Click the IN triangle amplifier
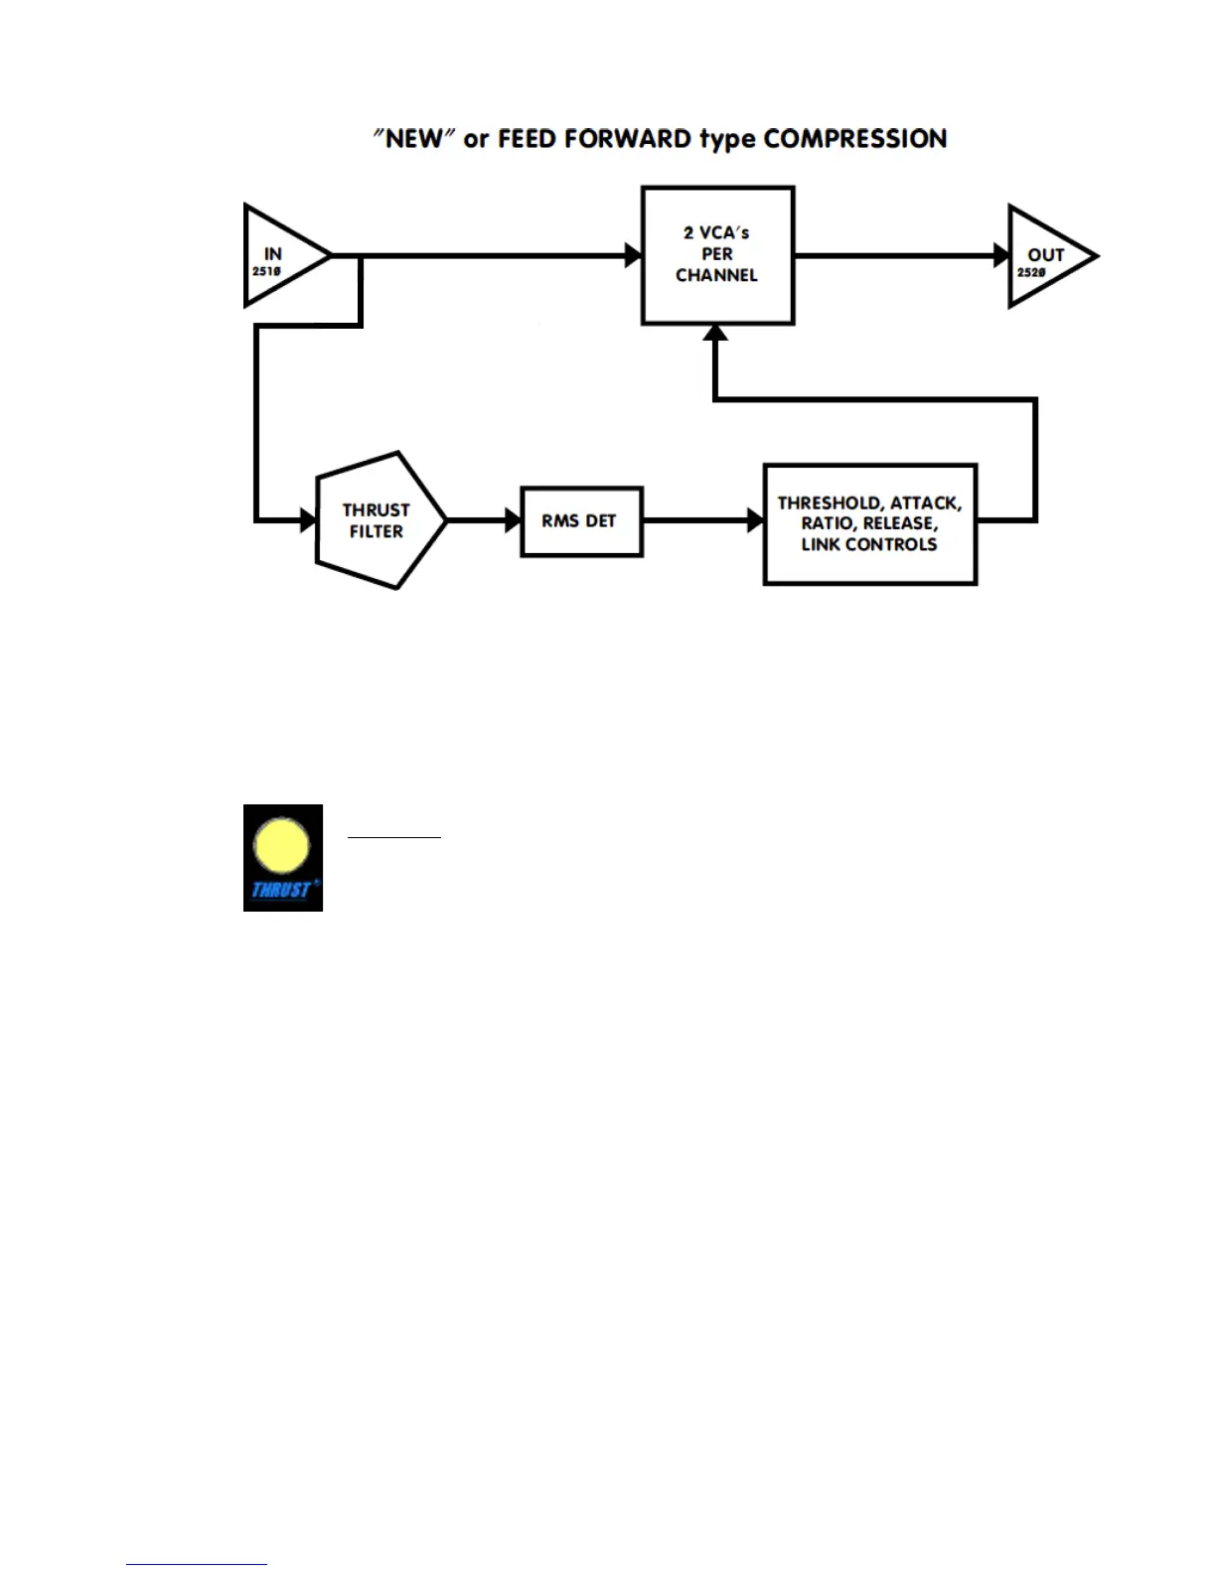(x=277, y=256)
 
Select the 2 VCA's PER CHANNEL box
(x=717, y=254)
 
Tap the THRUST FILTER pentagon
(x=378, y=520)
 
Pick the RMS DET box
(x=581, y=521)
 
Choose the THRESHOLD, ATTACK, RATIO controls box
(x=869, y=523)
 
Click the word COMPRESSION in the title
(x=854, y=139)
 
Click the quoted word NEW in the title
(x=412, y=139)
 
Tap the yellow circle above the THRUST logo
(x=282, y=846)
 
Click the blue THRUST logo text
(x=282, y=890)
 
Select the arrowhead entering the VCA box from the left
(x=633, y=255)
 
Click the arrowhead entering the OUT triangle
(x=1001, y=255)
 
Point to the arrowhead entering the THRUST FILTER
(x=308, y=519)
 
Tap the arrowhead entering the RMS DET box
(x=513, y=519)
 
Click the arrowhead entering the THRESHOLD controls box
(x=755, y=519)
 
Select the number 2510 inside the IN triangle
(x=266, y=271)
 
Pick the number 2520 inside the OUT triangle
(x=1031, y=272)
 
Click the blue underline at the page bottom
(x=197, y=1564)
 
